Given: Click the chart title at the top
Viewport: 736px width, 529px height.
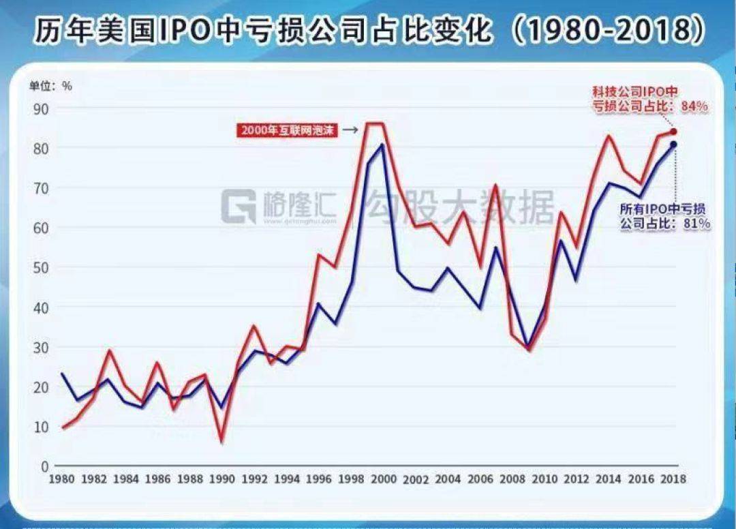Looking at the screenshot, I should pos(368,30).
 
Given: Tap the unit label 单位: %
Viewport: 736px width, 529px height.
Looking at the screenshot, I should pos(50,86).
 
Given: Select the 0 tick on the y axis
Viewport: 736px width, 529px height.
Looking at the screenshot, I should pos(44,466).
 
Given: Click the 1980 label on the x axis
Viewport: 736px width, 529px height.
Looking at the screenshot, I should pos(61,479).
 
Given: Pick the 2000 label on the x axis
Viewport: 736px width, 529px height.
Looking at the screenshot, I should pos(383,479).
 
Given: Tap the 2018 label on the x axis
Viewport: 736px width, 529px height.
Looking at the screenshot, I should pos(673,479).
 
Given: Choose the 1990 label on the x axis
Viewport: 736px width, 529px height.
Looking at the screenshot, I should pos(222,479).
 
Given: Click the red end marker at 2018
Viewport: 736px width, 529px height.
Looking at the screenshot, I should pos(673,132).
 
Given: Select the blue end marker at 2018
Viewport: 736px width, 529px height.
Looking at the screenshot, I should pos(673,145).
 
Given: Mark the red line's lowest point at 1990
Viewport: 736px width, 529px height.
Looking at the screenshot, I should pos(222,441).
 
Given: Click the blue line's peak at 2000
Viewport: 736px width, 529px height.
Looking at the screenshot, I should pos(382,145).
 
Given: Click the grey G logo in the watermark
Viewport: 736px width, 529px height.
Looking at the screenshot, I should pos(239,207).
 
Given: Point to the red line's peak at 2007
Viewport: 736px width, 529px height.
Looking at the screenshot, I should pos(495,185).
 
